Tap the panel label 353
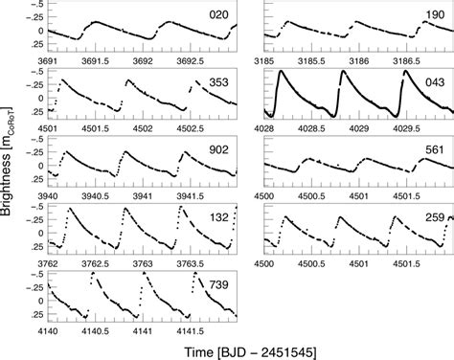pos(218,84)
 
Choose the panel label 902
pos(218,150)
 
